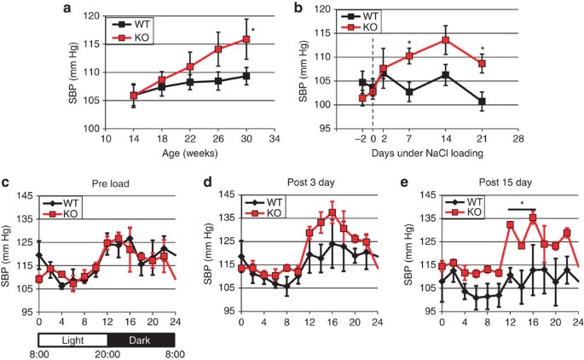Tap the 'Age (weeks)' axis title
tap(188, 154)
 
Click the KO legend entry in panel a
tap(134, 38)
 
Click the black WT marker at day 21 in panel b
tap(483, 102)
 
